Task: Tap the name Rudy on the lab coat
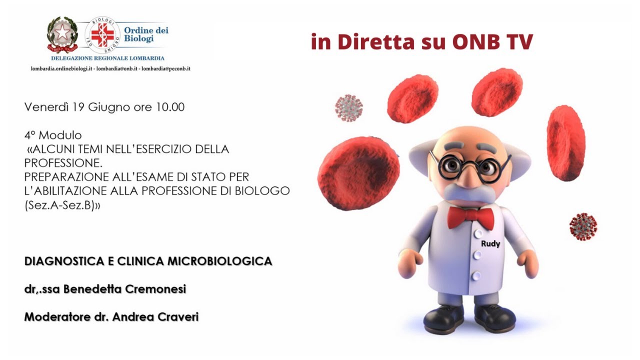tap(490, 244)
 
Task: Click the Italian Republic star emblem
tap(62, 34)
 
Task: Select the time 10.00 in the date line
tap(171, 107)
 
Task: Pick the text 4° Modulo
tap(52, 135)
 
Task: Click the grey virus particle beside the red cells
tap(348, 107)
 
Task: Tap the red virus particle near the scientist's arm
tap(583, 226)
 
